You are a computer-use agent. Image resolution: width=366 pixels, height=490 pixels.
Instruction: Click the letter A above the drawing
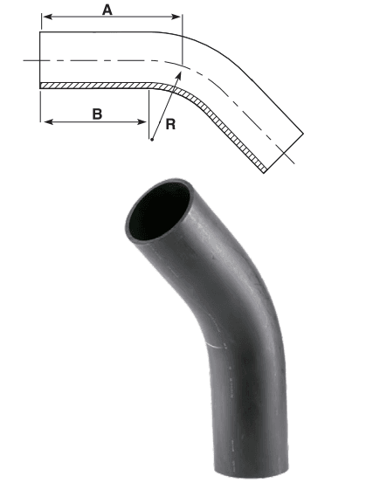coord(107,10)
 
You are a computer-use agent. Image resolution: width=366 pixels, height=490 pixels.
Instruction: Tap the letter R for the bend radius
coord(172,124)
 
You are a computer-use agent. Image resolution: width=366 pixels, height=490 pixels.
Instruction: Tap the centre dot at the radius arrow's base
coord(151,139)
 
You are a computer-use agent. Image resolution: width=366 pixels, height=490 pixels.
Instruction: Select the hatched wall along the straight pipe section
coord(96,86)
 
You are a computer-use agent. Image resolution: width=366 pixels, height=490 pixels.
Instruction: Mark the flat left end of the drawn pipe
coord(41,59)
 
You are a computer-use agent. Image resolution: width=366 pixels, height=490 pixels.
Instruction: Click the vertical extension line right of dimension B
coord(148,109)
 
